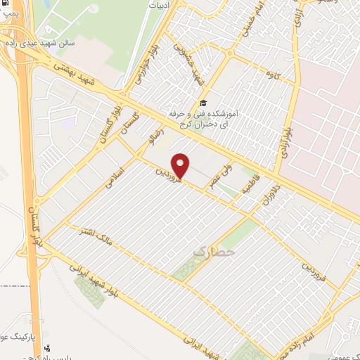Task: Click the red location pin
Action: pos(181,165)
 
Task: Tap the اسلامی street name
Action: pos(115,172)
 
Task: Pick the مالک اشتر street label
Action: pos(89,237)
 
